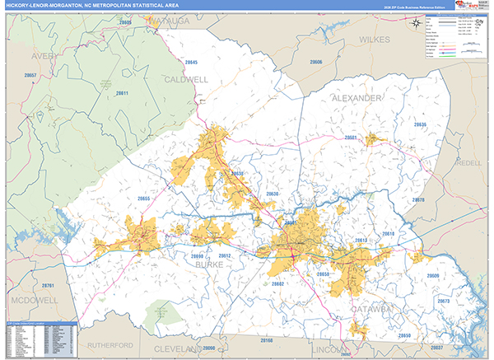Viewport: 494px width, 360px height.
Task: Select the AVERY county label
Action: pyautogui.click(x=44, y=56)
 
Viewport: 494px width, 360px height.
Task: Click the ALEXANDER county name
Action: pyautogui.click(x=357, y=97)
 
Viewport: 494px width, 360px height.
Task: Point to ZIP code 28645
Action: pyautogui.click(x=192, y=63)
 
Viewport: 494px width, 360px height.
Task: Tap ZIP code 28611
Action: pyautogui.click(x=122, y=93)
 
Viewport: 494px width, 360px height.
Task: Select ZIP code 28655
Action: pyautogui.click(x=144, y=199)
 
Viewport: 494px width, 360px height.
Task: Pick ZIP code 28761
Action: pyautogui.click(x=49, y=285)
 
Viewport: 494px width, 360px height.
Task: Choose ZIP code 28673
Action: pyautogui.click(x=444, y=302)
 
